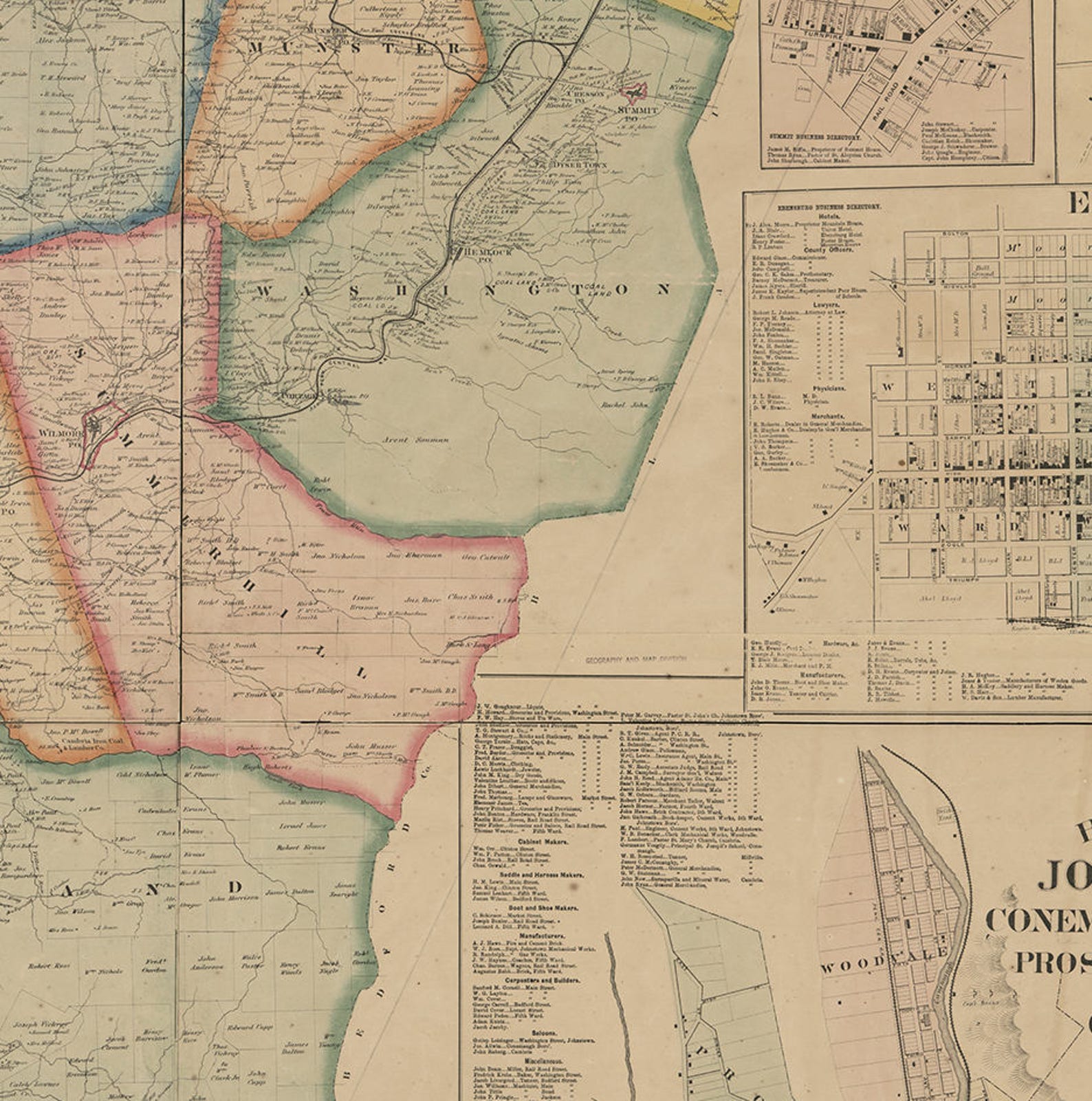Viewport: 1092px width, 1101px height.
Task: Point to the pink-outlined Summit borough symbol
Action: [x=633, y=92]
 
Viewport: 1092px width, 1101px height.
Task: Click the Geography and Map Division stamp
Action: [x=635, y=659]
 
